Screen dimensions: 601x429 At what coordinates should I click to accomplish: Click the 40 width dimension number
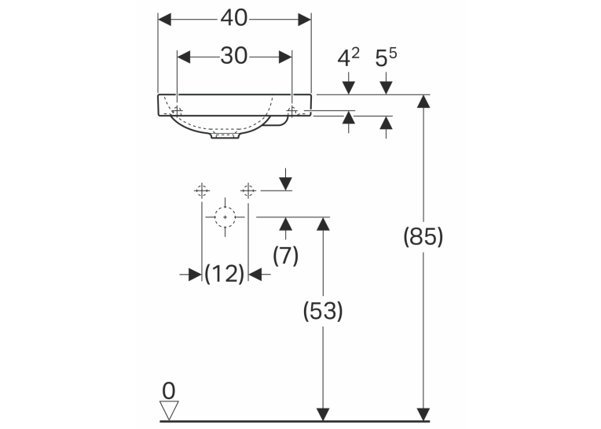tap(234, 18)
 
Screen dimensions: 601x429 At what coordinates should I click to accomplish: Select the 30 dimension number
tap(234, 56)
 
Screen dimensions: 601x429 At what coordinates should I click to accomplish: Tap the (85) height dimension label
tap(423, 236)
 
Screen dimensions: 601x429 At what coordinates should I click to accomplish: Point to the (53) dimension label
tap(323, 311)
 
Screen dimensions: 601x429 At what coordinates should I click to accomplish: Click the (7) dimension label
tap(285, 255)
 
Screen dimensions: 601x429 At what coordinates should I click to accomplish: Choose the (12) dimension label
tap(224, 274)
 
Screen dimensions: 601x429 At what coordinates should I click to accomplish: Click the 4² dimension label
tap(348, 57)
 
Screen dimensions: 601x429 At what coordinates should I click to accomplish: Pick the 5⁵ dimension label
tap(386, 57)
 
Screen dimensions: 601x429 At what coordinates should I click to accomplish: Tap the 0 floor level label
tap(169, 391)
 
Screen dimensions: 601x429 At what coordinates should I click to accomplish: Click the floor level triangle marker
tap(169, 411)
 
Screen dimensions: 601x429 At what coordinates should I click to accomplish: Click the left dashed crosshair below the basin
tap(202, 190)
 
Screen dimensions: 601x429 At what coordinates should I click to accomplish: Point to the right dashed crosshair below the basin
tap(248, 190)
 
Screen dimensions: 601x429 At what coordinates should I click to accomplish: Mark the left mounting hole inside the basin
tap(177, 111)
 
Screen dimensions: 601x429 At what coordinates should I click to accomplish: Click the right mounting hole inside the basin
tap(292, 111)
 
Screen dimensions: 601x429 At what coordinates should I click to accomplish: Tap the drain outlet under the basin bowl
tap(225, 136)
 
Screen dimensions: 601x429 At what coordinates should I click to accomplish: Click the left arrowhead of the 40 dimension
tap(164, 20)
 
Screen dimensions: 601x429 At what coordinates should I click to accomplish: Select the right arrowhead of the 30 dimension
tap(285, 57)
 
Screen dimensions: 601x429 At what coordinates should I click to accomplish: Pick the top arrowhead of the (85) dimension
tap(423, 101)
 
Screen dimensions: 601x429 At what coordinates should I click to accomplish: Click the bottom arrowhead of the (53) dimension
tap(323, 414)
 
